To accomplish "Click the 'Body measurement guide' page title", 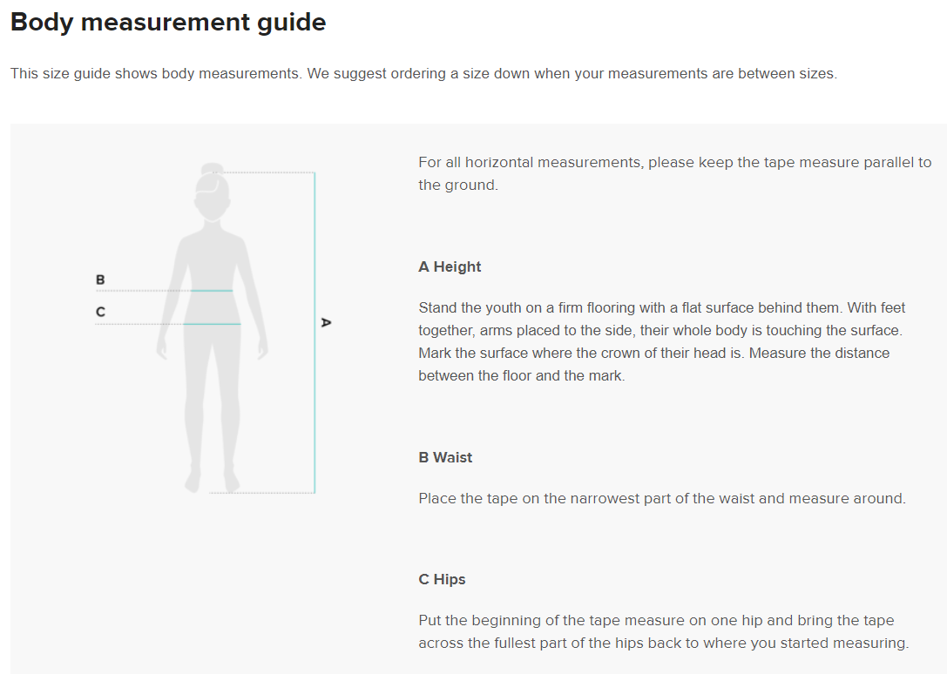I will click(168, 23).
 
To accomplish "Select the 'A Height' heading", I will click(450, 266).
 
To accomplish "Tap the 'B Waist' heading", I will click(445, 457).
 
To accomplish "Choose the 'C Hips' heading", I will click(442, 579).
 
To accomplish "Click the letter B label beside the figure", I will click(100, 280).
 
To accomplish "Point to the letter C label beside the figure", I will click(100, 312).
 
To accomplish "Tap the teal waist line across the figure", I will click(212, 291).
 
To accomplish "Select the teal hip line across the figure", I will click(212, 324).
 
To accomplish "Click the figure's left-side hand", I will click(161, 348).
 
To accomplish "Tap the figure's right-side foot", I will click(231, 481).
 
